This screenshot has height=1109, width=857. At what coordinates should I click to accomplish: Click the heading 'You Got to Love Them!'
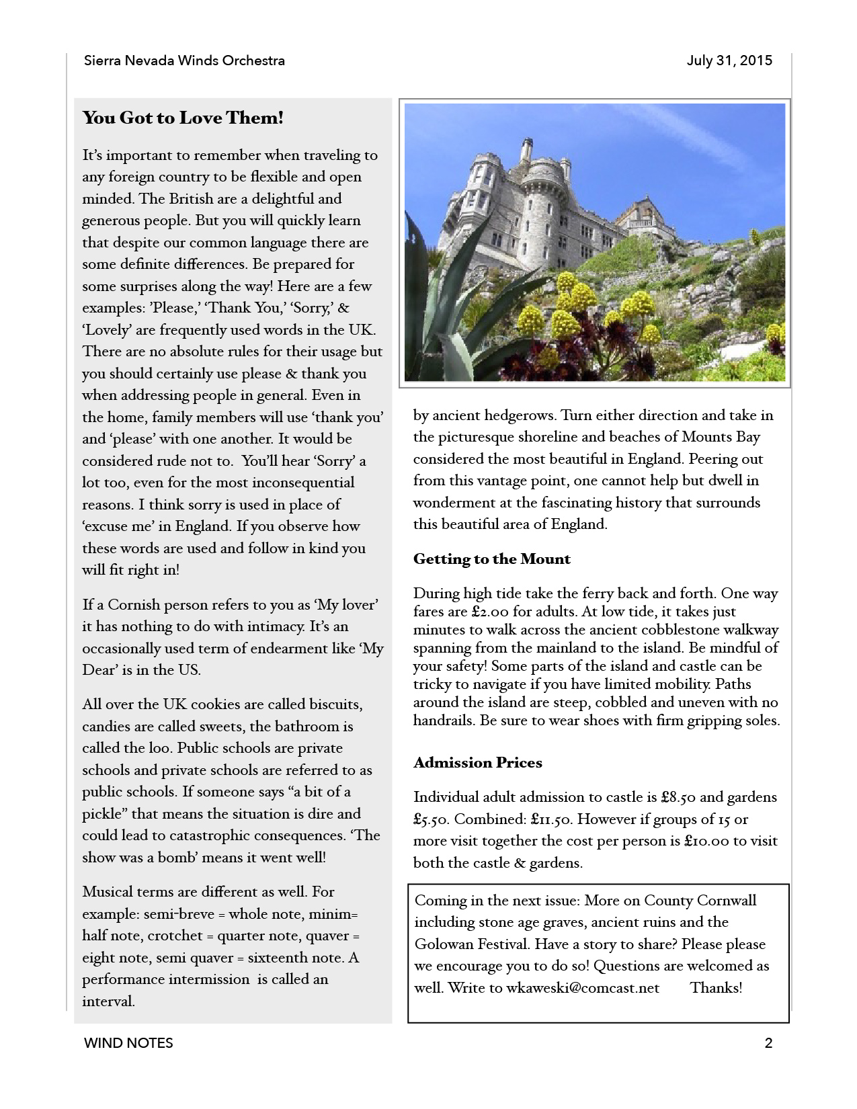tap(183, 118)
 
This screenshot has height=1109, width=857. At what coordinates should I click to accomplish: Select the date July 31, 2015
tap(729, 61)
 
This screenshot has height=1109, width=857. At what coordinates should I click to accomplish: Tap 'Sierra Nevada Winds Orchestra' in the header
tap(184, 61)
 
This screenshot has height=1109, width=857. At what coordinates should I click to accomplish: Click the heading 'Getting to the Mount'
tap(491, 559)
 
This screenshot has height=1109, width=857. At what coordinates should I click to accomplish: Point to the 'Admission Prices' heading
tap(477, 763)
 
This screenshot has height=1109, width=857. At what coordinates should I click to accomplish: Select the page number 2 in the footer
tap(768, 1043)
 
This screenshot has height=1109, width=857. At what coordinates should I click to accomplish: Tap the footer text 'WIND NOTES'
tap(128, 1043)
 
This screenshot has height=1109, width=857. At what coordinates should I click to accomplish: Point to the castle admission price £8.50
tap(678, 798)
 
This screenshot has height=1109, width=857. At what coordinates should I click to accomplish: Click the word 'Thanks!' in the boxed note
tap(716, 988)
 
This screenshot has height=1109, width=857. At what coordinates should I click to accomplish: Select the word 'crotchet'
tap(175, 936)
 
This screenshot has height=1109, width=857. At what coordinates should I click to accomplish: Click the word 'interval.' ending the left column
tap(108, 1001)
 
